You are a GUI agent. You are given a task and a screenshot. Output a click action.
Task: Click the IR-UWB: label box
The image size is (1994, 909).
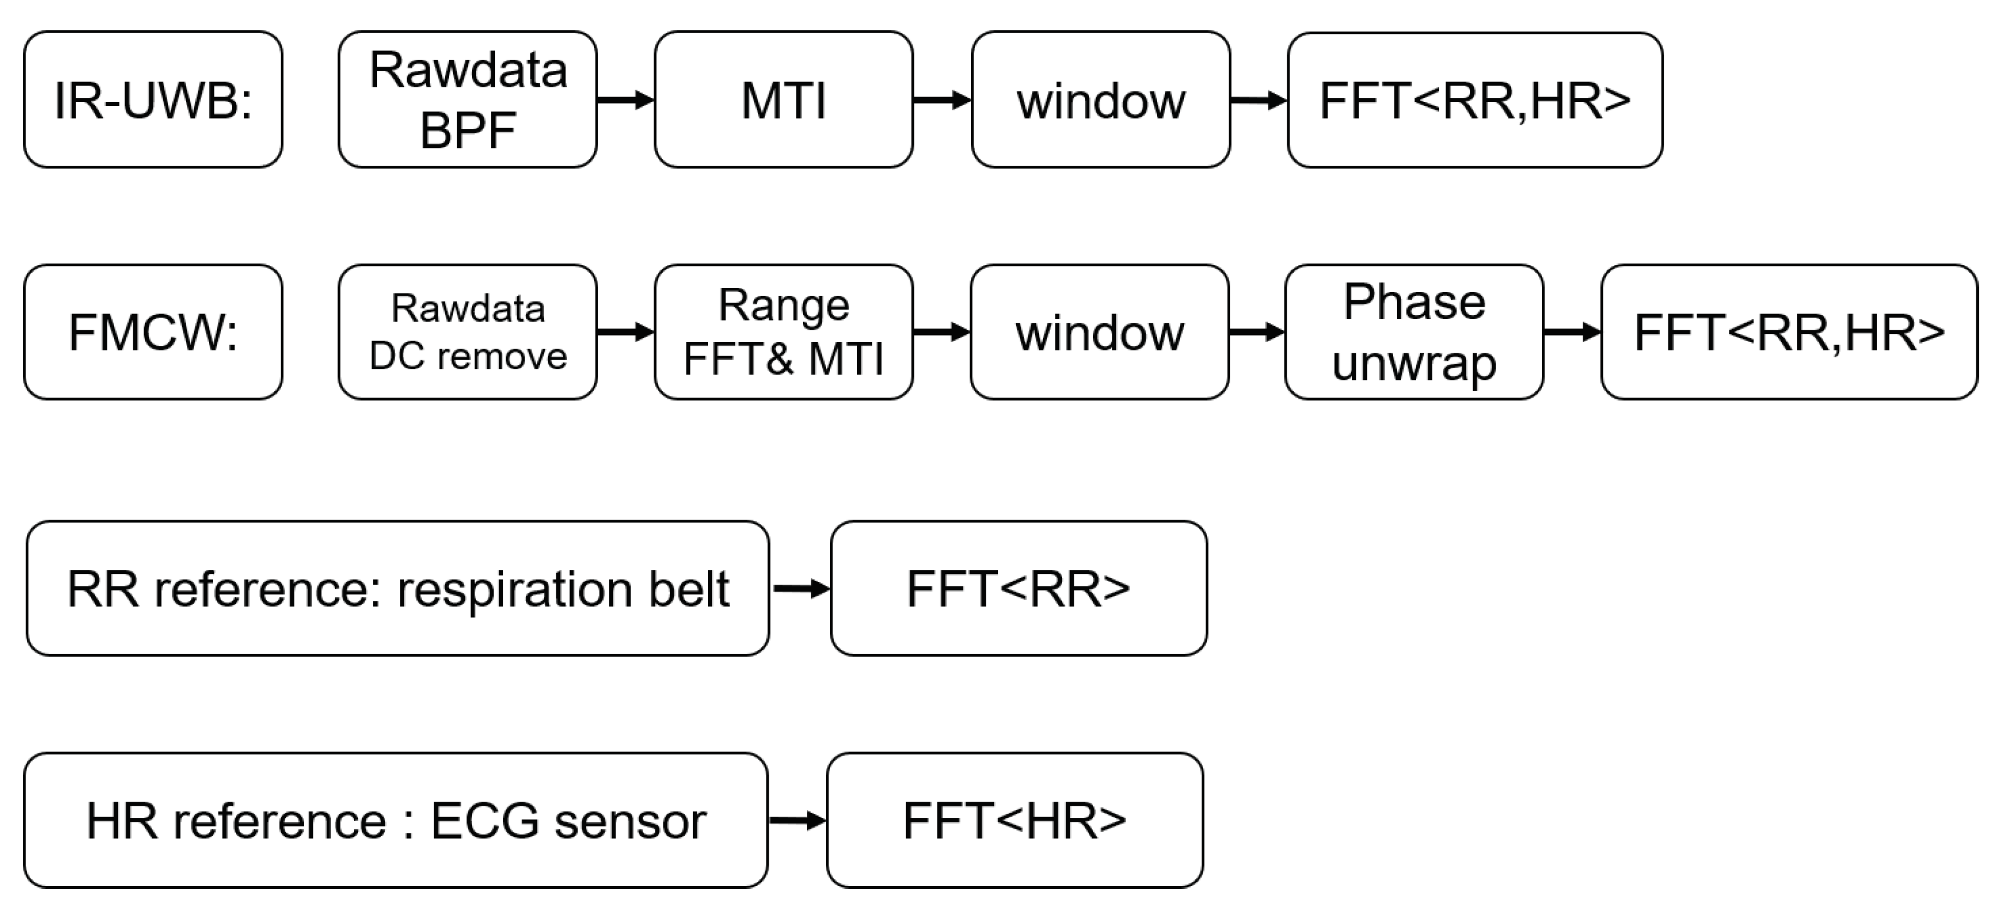tap(153, 100)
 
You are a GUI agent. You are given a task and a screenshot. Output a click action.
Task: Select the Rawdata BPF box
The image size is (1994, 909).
tap(468, 100)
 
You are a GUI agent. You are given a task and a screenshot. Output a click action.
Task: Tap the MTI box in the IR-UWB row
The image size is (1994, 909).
tap(783, 100)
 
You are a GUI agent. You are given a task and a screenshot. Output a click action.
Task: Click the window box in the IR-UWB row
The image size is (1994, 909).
tap(1101, 100)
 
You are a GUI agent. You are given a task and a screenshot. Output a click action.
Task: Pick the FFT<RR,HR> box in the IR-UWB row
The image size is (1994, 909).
tap(1475, 100)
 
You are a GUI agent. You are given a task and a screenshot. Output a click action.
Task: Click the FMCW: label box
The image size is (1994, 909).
tap(153, 332)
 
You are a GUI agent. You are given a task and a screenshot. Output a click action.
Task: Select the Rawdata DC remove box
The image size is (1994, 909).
tap(468, 332)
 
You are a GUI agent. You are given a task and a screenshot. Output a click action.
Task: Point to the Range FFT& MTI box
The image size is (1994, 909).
tap(783, 332)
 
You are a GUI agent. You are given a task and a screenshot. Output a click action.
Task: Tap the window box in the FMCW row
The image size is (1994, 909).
tap(1099, 332)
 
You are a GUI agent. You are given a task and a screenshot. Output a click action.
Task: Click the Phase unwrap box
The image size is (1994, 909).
tap(1414, 332)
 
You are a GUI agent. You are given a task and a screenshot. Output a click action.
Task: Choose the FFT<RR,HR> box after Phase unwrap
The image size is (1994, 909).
tap(1789, 332)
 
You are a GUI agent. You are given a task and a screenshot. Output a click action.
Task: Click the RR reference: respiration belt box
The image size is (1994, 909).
tap(398, 589)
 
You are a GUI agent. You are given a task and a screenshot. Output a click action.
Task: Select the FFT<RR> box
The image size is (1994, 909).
tap(1019, 589)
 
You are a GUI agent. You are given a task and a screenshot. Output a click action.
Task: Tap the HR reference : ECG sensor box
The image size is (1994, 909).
tap(395, 821)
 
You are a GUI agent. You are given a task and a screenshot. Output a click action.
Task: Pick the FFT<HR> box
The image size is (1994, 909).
tap(1015, 821)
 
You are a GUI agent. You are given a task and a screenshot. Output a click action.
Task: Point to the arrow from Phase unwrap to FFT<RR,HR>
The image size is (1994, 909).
tap(1572, 332)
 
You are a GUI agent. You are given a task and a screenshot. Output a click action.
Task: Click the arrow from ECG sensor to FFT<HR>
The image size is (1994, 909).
tap(797, 820)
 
